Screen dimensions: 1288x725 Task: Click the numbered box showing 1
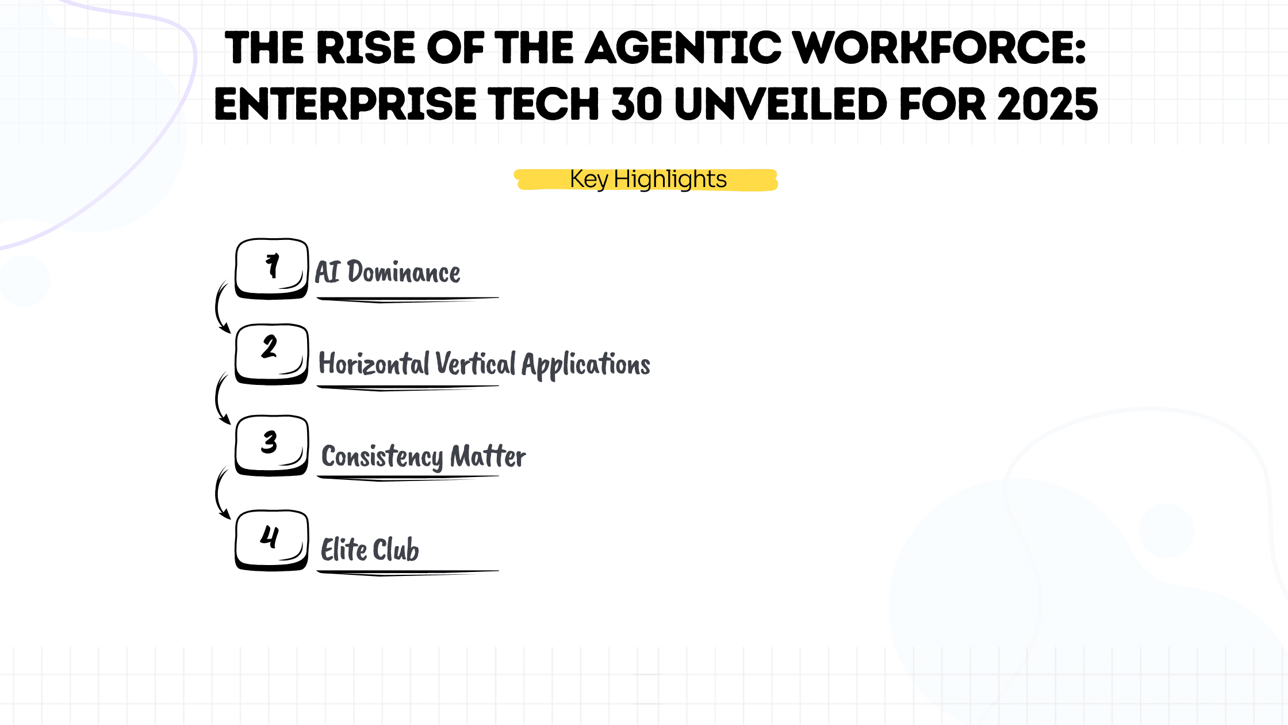tap(271, 269)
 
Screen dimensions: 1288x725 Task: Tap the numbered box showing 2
tap(271, 354)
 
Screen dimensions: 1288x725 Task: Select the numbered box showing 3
tap(271, 445)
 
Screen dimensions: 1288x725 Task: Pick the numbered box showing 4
tap(271, 540)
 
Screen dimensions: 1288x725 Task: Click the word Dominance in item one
tap(404, 272)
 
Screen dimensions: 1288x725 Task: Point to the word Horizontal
tap(374, 364)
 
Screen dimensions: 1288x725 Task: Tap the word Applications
tap(586, 365)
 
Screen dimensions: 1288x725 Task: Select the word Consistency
tap(382, 457)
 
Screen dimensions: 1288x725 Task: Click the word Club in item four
tap(396, 550)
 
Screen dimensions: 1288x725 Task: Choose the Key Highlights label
tap(648, 179)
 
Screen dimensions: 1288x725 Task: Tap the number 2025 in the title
tap(1048, 104)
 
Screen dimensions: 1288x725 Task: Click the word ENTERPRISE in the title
tap(345, 104)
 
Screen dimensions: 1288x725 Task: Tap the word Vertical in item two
tap(476, 364)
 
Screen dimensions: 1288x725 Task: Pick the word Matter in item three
tap(488, 456)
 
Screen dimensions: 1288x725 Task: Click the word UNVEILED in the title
tap(780, 104)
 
